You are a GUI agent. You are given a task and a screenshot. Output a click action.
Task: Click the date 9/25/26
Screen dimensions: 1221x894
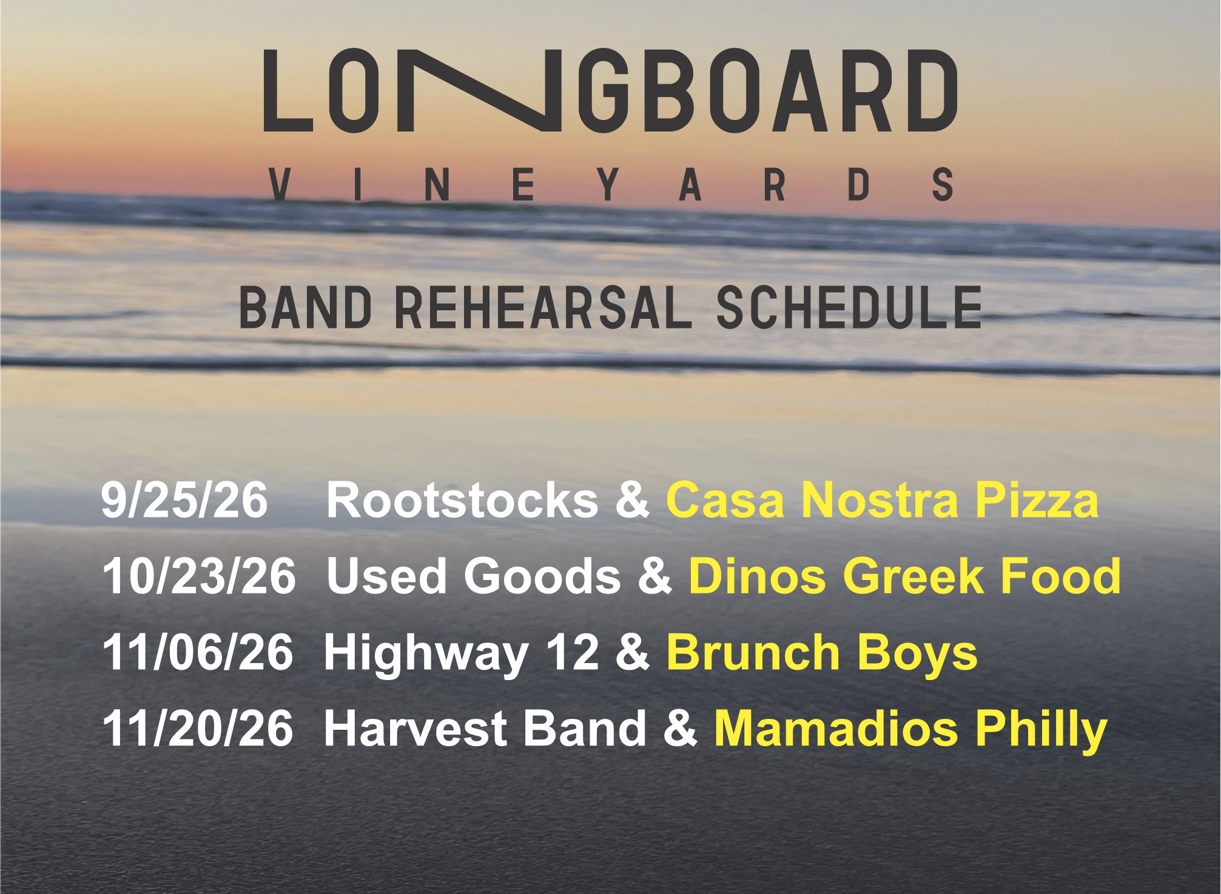point(184,500)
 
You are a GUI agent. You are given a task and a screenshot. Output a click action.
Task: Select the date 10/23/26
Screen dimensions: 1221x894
point(200,576)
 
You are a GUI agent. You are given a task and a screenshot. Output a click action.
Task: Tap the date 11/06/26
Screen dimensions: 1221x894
point(198,652)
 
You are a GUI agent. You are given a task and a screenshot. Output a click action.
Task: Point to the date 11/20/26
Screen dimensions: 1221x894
point(198,728)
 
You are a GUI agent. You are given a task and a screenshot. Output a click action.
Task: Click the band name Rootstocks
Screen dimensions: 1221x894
point(463,500)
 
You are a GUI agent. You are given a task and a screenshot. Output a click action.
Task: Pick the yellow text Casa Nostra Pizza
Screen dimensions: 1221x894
point(883,500)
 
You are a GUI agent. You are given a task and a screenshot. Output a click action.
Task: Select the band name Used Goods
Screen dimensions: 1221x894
point(474,576)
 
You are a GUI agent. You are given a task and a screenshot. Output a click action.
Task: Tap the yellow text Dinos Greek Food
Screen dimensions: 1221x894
point(905,576)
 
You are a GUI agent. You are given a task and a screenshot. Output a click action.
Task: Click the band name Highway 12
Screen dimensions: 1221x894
point(462,653)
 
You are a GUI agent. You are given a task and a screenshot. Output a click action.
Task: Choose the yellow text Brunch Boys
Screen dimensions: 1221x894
point(822,653)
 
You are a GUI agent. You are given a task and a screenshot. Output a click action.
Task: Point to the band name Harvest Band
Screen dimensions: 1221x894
point(485,728)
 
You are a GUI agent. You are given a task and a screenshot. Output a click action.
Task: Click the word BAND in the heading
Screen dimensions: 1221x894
point(306,308)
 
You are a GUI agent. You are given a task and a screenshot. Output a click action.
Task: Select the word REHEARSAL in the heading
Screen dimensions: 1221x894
point(543,308)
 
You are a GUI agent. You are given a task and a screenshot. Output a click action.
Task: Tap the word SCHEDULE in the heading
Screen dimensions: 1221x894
point(849,308)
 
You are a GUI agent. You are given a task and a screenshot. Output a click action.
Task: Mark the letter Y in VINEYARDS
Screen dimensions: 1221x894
point(607,185)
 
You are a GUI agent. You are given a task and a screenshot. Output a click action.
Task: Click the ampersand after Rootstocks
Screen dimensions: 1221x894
point(632,500)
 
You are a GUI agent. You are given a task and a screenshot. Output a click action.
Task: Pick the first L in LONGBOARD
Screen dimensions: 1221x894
point(288,90)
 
